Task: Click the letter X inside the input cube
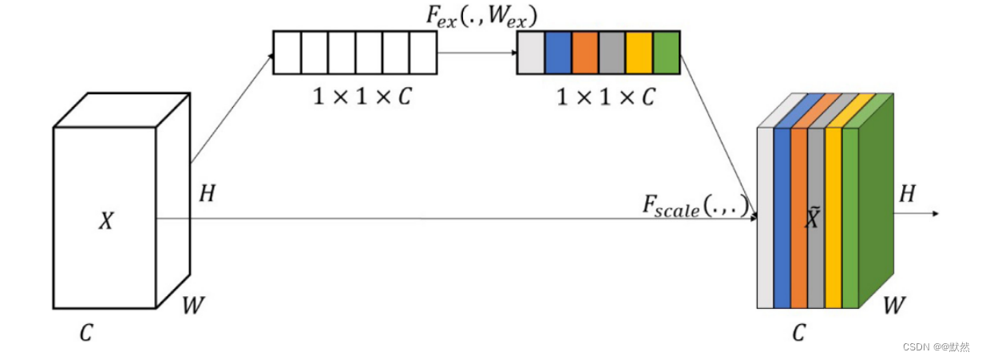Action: [x=105, y=222]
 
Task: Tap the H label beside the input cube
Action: [x=207, y=193]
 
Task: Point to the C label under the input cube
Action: [x=85, y=333]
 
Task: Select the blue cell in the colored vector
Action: [x=558, y=53]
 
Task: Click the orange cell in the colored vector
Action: [x=585, y=53]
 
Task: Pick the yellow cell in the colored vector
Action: [x=639, y=53]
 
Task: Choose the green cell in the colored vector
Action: [x=667, y=53]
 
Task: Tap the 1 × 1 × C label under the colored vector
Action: [x=605, y=97]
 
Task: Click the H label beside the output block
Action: [x=907, y=193]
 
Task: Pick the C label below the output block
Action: [x=798, y=333]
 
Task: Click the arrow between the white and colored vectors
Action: [x=477, y=53]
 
